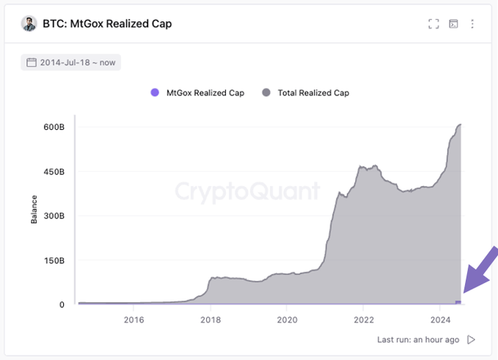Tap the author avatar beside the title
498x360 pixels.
coord(29,23)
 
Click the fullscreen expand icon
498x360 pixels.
coord(433,24)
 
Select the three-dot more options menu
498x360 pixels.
coord(473,24)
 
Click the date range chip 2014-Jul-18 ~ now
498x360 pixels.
coord(71,62)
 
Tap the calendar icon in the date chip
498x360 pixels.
coord(32,62)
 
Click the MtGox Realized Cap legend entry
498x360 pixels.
coord(197,93)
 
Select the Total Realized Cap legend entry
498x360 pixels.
coord(306,93)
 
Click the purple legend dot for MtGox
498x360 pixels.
coord(154,93)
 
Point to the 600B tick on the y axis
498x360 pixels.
coord(54,127)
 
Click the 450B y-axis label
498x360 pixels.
coord(54,172)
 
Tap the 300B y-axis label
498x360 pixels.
coord(54,216)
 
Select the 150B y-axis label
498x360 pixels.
coord(54,260)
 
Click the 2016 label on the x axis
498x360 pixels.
coord(133,320)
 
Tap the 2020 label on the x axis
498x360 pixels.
coord(287,320)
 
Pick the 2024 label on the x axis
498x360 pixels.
coord(440,320)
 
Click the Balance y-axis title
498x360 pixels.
coord(34,209)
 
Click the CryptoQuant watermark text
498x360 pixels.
coord(247,192)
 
